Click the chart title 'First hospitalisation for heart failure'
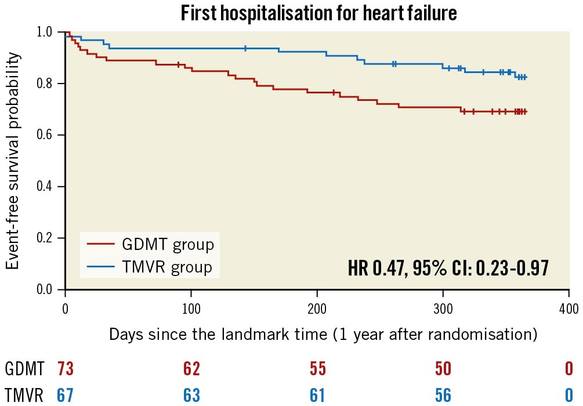(318, 13)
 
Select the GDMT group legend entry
(150, 244)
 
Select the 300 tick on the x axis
(443, 307)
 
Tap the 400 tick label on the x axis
(568, 307)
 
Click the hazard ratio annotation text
(448, 268)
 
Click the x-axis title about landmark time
(323, 335)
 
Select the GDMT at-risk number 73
(65, 369)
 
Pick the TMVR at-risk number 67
(65, 394)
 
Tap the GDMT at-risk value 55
(317, 369)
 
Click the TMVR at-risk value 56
(443, 394)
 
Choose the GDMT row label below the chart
(25, 369)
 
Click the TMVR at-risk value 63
(191, 394)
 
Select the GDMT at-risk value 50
(443, 369)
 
